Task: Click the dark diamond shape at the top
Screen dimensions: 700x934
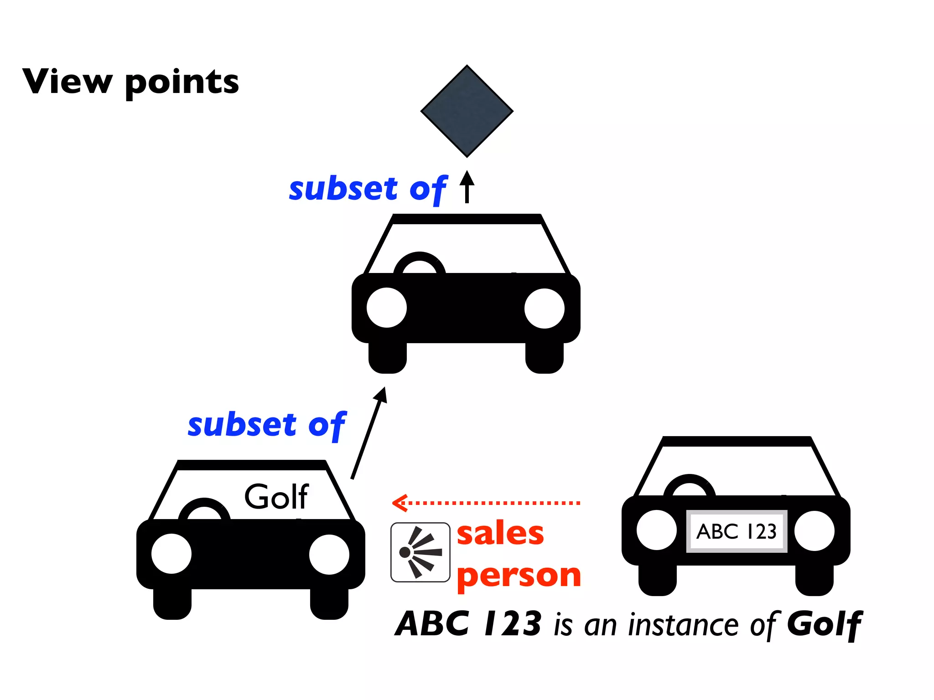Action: [467, 111]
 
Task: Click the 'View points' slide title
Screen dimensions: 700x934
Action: [131, 82]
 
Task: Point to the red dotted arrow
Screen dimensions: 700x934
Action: [486, 503]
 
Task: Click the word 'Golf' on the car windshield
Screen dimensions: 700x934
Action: [277, 496]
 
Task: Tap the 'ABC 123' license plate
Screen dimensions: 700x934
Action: [737, 531]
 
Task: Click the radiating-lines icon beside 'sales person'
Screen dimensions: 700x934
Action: [420, 552]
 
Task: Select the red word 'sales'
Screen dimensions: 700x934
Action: [500, 533]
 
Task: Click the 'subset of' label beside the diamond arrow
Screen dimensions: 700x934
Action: [368, 189]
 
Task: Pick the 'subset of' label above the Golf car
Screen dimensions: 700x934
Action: [267, 425]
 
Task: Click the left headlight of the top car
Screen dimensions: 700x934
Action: [387, 308]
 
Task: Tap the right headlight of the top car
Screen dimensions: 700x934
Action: [545, 308]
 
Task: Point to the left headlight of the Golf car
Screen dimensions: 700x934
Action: [171, 554]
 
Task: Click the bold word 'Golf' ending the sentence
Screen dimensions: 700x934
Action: [825, 624]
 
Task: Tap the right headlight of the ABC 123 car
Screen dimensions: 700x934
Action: [815, 531]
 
